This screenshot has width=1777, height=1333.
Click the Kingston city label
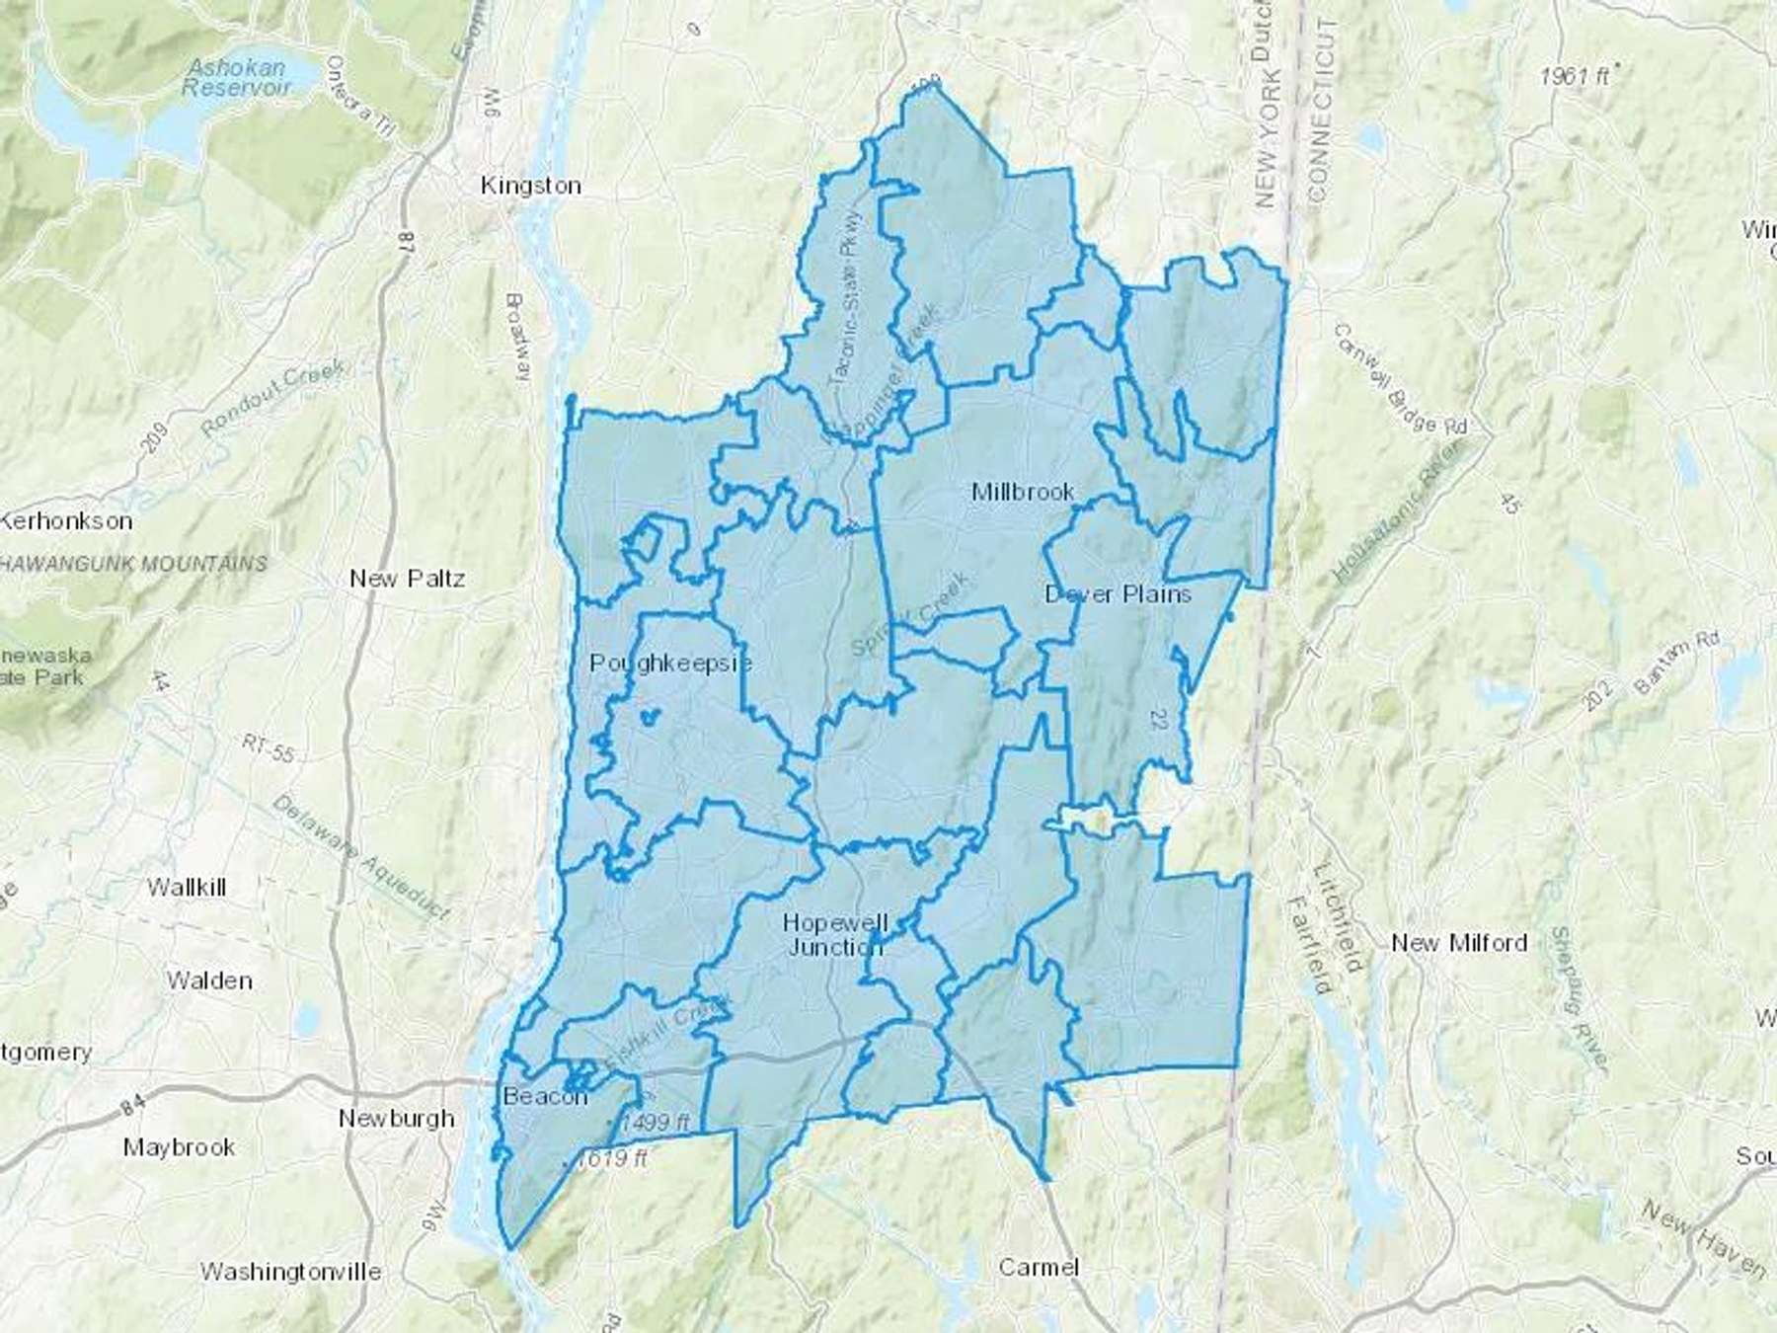530,186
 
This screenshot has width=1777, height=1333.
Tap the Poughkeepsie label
670,663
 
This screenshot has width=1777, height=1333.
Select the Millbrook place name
1023,492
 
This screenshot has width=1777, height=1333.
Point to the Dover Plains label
1118,594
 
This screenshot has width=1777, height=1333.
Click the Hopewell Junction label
834,934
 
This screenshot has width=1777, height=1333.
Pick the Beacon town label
545,1096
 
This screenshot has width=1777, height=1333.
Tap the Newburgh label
396,1118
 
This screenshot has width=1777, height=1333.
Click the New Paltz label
407,579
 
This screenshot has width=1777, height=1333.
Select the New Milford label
1458,943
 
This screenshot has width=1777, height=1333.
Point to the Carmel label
1039,1267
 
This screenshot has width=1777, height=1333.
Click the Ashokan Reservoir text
237,77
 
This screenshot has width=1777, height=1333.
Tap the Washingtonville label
290,1271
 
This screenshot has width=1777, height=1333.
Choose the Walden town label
209,980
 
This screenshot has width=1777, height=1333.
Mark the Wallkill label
187,887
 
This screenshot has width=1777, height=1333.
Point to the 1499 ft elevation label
654,1123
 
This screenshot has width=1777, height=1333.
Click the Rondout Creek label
272,398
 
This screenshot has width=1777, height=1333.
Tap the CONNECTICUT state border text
1322,109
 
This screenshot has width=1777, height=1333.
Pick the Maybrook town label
179,1147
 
